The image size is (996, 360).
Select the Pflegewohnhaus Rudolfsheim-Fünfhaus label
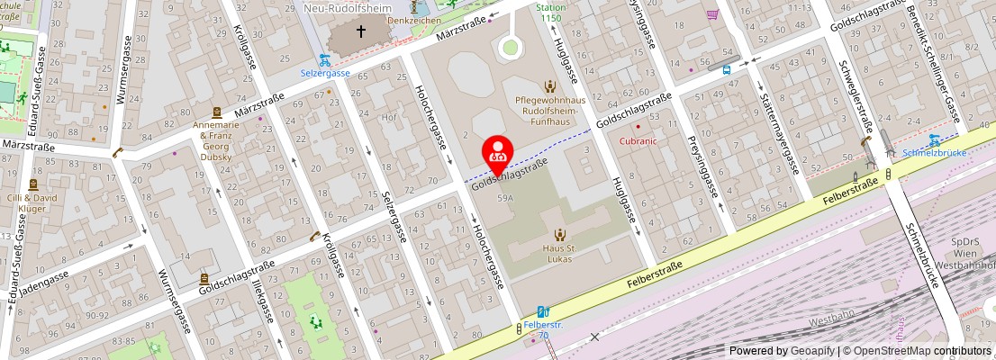point(549,110)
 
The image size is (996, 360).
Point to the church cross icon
point(361,31)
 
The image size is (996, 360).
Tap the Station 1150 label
point(551,13)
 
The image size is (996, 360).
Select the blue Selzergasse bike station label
point(324,71)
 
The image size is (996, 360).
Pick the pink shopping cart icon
point(712,14)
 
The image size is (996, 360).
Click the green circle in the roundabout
point(511,47)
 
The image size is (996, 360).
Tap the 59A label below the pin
point(504,197)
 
